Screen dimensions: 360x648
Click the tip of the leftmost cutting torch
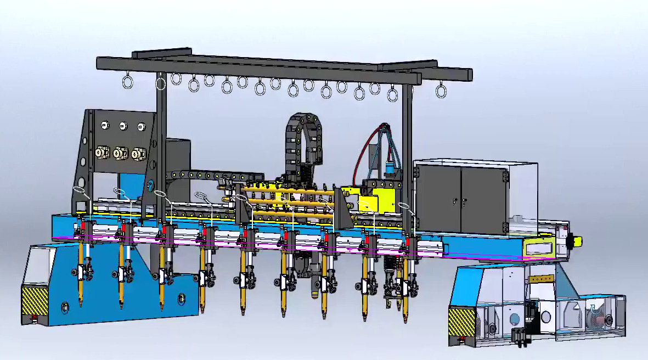(x=81, y=303)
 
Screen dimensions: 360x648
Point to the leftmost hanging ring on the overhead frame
(x=127, y=83)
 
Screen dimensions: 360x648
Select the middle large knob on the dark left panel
(x=120, y=153)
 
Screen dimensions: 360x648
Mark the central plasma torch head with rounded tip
(x=316, y=288)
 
